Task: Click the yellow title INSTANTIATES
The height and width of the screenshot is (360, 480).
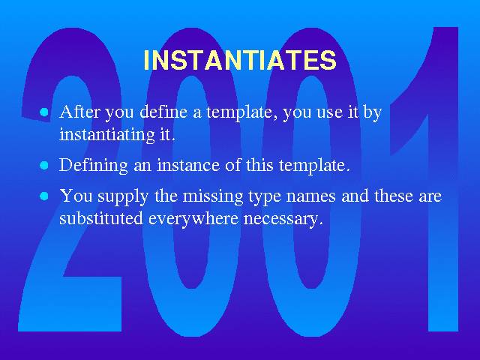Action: pos(240,60)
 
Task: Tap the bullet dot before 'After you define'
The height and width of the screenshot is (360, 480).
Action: pos(44,112)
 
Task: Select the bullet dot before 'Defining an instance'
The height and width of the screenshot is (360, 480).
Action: pos(44,165)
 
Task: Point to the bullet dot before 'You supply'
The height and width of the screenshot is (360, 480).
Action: pos(44,196)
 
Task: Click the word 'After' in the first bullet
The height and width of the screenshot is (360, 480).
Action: pos(79,112)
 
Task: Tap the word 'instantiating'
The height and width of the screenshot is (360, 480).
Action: pos(107,135)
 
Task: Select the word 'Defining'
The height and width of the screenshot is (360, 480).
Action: pos(94,166)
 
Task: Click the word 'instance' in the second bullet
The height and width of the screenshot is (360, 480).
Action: pos(188,165)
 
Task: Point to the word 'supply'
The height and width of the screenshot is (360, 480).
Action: pos(123,196)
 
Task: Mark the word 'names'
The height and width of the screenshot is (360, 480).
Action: pos(310,196)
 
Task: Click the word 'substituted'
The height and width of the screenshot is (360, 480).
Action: pos(101,218)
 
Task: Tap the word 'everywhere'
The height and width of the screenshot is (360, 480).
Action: pos(193,219)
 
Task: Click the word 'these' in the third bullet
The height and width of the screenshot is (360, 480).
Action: pos(394,196)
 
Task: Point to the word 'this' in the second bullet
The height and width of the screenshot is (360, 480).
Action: pos(259,165)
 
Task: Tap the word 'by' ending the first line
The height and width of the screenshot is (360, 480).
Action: pos(372,112)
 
